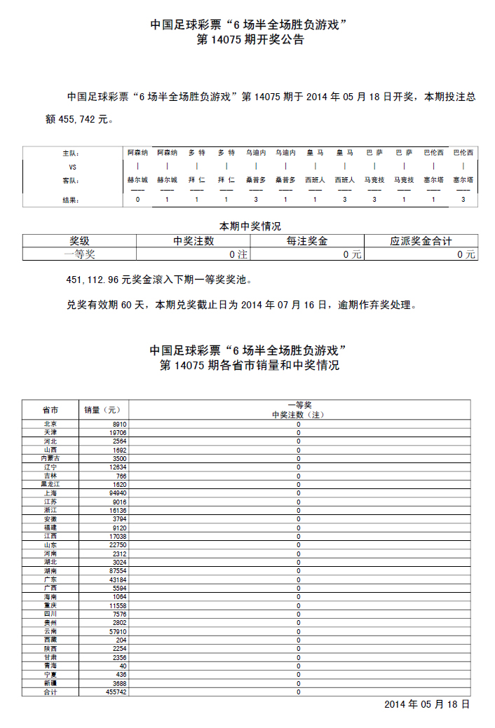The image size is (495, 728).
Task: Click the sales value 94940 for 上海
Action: pos(117,493)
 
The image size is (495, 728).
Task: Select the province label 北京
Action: pos(50,424)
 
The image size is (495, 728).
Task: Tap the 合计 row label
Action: pos(50,692)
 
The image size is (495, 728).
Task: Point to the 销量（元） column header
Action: pos(103,410)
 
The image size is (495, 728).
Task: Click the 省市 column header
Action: pos(50,410)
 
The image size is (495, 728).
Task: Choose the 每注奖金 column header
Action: pos(307,241)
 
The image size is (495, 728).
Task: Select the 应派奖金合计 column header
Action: pos(421,241)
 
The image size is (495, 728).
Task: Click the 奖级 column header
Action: pos(79,241)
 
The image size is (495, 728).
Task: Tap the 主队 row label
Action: pos(72,153)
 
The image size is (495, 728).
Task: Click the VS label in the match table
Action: pos(72,167)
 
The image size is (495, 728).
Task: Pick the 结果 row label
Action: pos(72,200)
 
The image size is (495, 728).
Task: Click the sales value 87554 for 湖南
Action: pos(116,571)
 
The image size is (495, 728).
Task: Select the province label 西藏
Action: pos(50,640)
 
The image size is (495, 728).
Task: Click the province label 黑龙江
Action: pos(50,484)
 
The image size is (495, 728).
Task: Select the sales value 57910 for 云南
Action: pos(116,631)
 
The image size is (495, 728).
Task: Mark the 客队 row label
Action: pos(72,181)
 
